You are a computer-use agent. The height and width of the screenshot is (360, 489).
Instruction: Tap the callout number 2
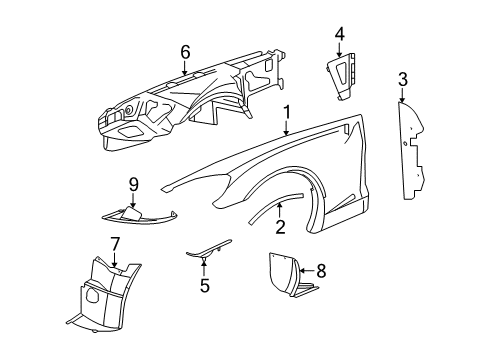pos(280,227)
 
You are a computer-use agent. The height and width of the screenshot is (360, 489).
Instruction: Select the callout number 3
pos(403,79)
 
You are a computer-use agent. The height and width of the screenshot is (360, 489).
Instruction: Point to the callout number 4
pos(339,35)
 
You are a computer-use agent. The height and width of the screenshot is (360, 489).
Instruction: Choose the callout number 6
pos(185,52)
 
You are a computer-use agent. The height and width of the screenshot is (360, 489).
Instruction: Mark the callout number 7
pos(115,243)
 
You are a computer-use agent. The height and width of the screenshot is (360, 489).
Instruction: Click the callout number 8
pos(320,269)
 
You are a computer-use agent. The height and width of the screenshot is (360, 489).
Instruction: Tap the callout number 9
pos(132,183)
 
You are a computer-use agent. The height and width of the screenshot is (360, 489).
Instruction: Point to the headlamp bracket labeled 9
pos(135,212)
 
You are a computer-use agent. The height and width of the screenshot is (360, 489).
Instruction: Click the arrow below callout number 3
pos(403,98)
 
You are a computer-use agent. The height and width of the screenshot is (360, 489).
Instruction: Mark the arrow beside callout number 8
pos(303,269)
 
